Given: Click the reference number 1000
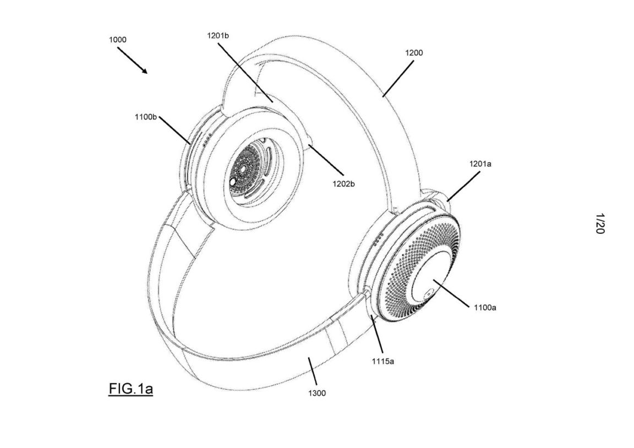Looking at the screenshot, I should click(117, 40).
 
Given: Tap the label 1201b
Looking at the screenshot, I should click(218, 36).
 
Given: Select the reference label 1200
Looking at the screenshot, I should click(414, 53).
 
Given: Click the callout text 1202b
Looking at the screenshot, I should click(342, 184).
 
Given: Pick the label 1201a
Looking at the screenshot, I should click(481, 164).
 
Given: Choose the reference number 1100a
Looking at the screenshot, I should click(484, 308).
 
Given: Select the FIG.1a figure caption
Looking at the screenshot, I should click(130, 390).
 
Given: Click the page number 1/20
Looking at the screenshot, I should click(599, 225).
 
